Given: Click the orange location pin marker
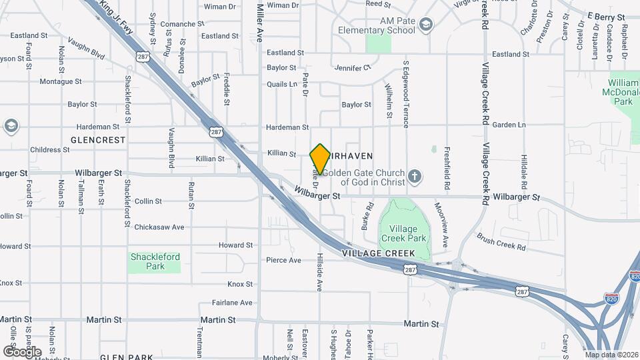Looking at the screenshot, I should (x=320, y=159).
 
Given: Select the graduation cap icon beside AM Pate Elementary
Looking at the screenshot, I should (x=426, y=25).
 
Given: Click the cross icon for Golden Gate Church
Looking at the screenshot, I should (x=415, y=177).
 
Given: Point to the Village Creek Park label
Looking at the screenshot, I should (x=403, y=233).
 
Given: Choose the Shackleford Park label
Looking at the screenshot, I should (x=155, y=261).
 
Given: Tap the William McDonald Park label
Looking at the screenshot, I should (x=623, y=92).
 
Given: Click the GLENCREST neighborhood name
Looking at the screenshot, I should (x=97, y=140).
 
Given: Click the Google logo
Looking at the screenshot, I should (x=22, y=351).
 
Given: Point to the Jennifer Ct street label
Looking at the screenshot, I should (x=353, y=68).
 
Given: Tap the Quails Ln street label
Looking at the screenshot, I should (x=282, y=84).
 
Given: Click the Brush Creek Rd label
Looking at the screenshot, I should (x=501, y=242).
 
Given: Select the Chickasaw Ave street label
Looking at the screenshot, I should (x=159, y=227).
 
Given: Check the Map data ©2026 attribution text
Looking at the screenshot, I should (x=611, y=355).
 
